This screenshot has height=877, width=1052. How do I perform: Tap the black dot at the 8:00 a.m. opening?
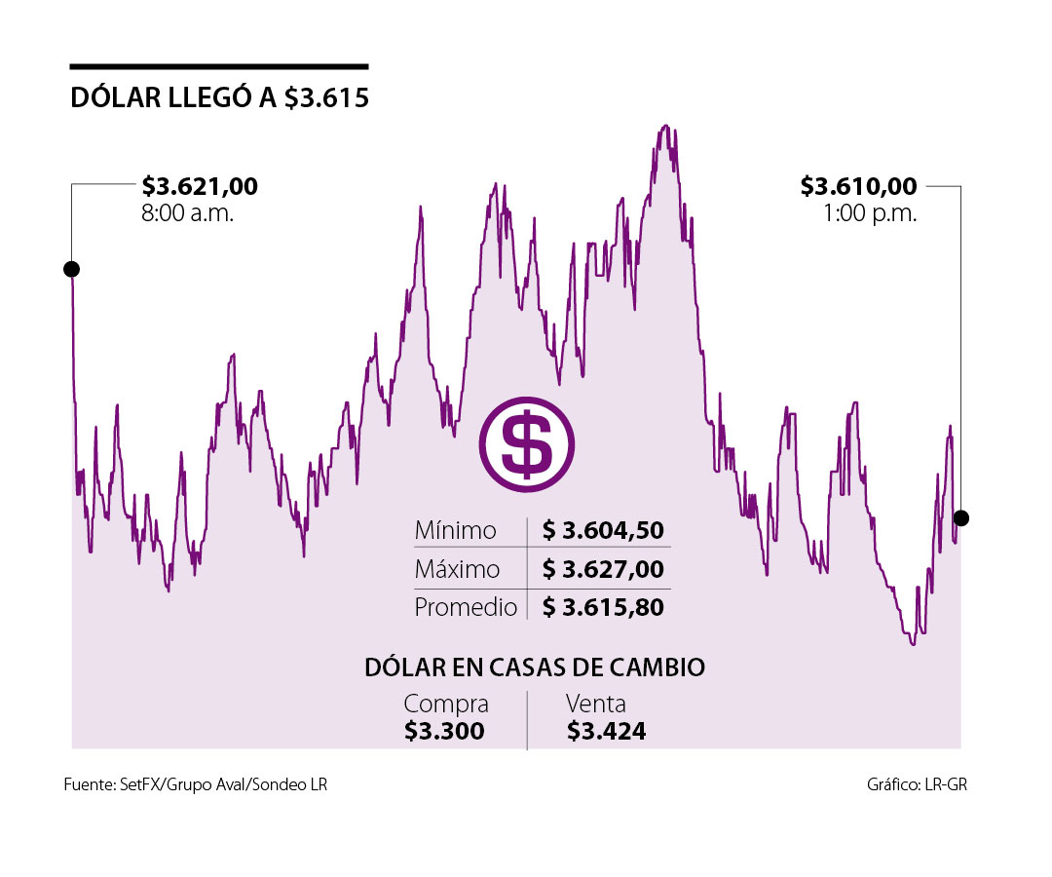click(71, 269)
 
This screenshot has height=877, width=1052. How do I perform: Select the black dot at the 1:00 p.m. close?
click(961, 517)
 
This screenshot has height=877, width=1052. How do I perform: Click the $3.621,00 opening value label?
click(200, 185)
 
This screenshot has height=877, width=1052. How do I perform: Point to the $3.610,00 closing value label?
click(858, 185)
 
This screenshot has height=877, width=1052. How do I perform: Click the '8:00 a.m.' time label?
click(188, 213)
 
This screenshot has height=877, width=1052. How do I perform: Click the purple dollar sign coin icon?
click(527, 443)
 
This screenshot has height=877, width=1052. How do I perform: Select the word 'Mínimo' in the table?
click(455, 531)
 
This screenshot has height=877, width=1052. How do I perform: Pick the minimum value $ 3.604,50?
click(603, 531)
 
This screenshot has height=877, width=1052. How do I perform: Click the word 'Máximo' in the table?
click(457, 569)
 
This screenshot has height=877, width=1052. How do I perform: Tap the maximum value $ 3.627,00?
click(603, 569)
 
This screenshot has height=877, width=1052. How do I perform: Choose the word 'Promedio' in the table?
click(466, 607)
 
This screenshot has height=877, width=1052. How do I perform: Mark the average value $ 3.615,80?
click(603, 607)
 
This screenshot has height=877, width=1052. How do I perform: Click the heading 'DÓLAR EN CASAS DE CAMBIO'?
click(535, 667)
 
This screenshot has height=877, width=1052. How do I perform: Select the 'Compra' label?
click(446, 704)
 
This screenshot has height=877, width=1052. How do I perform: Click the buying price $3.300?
click(444, 731)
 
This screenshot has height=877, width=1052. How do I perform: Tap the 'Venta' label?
click(596, 704)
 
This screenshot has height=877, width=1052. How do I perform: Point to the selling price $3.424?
click(606, 731)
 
